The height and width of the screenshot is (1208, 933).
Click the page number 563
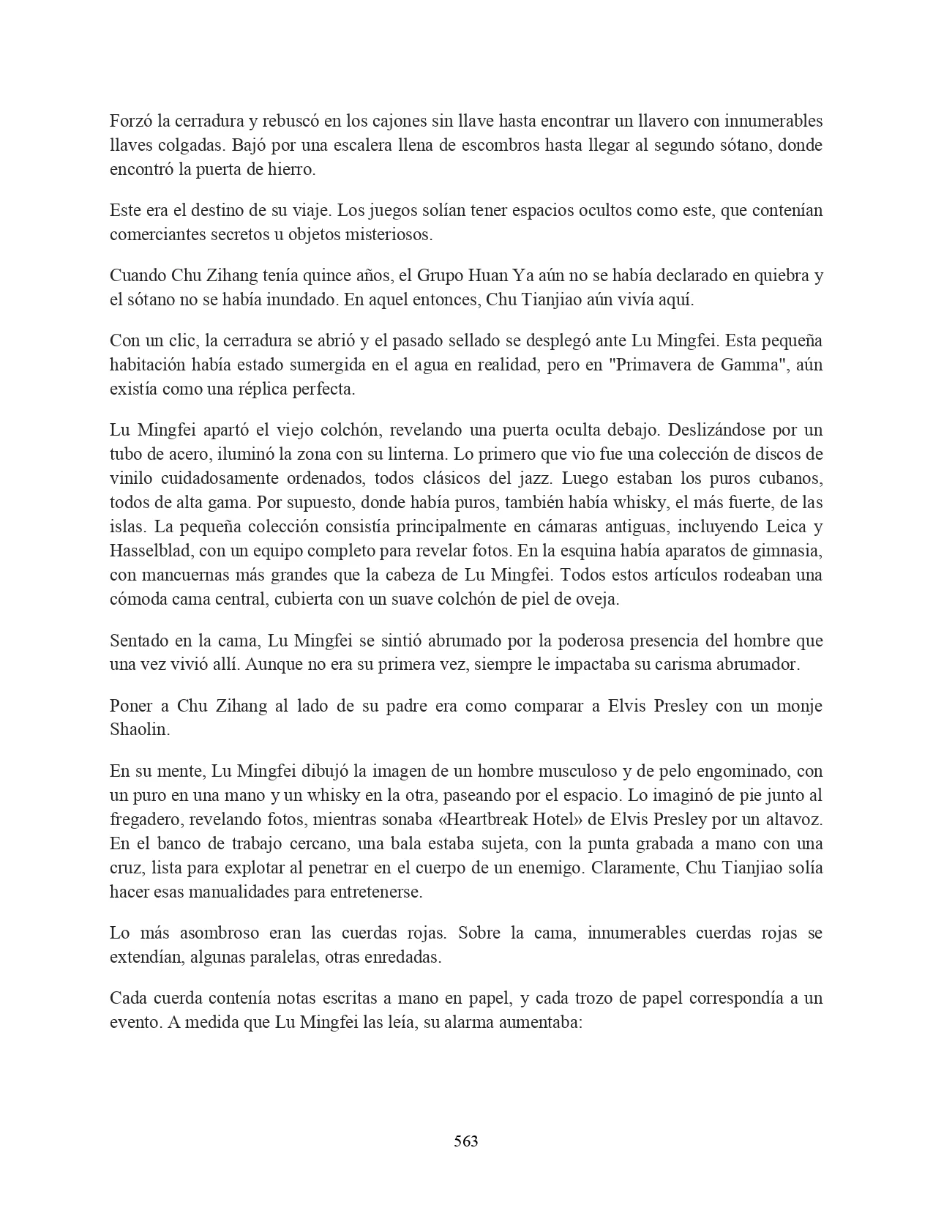pos(466,1141)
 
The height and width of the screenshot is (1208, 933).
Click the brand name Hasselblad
pos(150,551)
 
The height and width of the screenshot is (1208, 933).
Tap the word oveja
pos(598,599)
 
